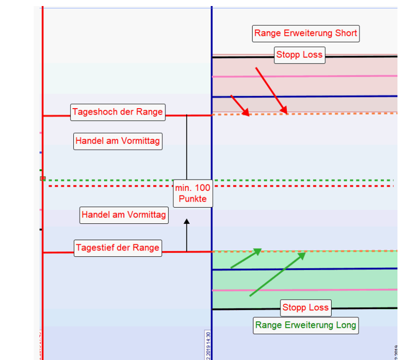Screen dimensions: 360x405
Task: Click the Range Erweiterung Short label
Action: click(306, 34)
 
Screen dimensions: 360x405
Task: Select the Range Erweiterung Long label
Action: click(306, 325)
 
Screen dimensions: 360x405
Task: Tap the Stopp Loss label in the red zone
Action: click(299, 55)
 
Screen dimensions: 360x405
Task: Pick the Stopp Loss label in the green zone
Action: click(305, 307)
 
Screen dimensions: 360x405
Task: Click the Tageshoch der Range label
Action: click(118, 112)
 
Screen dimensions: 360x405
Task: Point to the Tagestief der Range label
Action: click(118, 247)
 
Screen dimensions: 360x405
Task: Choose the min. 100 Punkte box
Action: click(193, 193)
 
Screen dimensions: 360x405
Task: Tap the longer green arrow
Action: click(277, 274)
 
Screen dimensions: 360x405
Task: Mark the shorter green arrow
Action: click(246, 258)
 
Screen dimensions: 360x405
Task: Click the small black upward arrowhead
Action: click(186, 221)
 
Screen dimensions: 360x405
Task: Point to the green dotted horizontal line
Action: click(301, 180)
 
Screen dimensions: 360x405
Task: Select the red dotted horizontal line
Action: click(301, 186)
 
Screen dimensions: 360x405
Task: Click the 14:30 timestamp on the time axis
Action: click(207, 344)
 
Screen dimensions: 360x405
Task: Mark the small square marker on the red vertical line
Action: click(43, 178)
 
